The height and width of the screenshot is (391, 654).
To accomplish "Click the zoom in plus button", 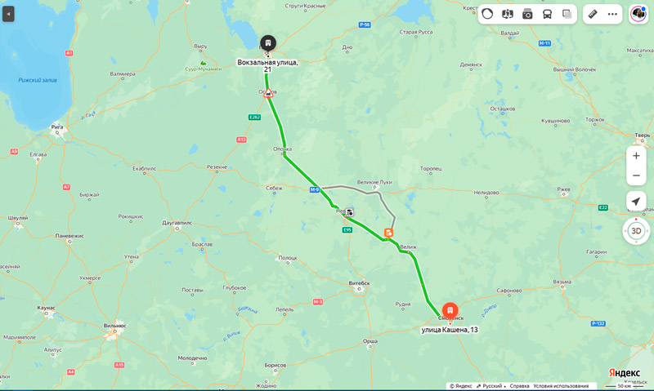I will coord(636,156).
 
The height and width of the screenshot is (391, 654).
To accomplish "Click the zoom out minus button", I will coord(636,176).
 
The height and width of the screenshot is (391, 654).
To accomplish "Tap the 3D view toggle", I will coord(636,231).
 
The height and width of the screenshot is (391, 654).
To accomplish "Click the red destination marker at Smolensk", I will coord(450,311).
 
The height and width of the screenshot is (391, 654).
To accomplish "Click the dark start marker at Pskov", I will coord(268,42).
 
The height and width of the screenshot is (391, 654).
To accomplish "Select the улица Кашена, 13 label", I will coord(449,330).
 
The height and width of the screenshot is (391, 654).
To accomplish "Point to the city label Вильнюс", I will coord(114,325).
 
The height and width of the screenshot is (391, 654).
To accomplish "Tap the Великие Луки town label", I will coord(374,182).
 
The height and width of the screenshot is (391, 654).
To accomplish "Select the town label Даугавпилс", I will coord(177,222).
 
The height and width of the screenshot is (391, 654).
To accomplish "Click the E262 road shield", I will coord(254,117).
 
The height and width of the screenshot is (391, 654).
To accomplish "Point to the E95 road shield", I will coord(347,230).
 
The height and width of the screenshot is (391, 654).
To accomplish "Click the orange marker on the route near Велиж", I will coord(389,233).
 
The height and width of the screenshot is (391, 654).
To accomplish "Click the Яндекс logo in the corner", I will coord(624,372).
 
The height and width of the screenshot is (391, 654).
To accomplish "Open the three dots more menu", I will coord(612,14).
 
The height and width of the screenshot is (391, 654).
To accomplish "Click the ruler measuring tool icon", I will coord(593,14).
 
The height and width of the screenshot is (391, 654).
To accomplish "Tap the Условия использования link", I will coord(561,386).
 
